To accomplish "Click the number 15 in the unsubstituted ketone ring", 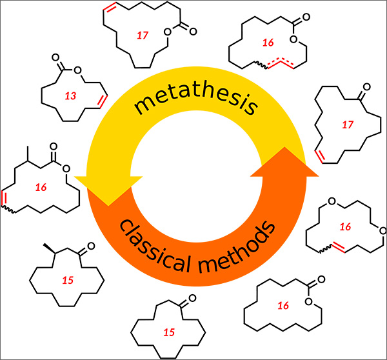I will pos(169,332).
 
